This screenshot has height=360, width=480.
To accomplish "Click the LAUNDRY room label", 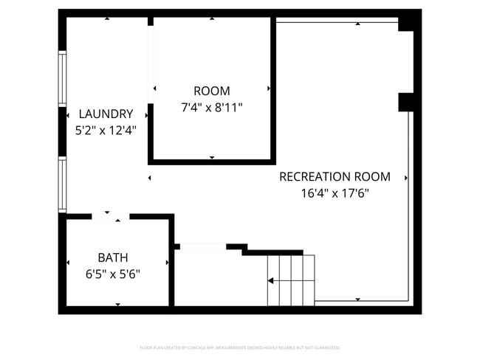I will [106, 114].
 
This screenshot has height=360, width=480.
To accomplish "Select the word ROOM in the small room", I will [212, 91].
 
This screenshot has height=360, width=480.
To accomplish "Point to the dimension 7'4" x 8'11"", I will [212, 107].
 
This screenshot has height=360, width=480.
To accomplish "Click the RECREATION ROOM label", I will [334, 177].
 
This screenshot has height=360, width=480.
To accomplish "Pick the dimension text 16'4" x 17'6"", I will [334, 193].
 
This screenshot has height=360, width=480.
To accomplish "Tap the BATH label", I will [112, 257].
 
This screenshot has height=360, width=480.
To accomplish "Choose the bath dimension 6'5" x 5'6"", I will [112, 273].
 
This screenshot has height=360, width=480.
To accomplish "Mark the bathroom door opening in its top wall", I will [111, 216].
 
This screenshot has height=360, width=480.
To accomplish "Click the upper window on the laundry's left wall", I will [63, 79].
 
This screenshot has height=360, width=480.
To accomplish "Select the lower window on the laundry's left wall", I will [63, 184].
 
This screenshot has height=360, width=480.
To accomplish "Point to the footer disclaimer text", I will [239, 347].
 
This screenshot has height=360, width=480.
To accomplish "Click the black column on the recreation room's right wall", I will [406, 102].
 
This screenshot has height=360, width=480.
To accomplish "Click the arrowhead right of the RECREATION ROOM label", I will [406, 178].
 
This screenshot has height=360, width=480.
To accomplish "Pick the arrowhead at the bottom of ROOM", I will [212, 157].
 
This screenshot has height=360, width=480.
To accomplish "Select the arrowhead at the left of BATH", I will [68, 262].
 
